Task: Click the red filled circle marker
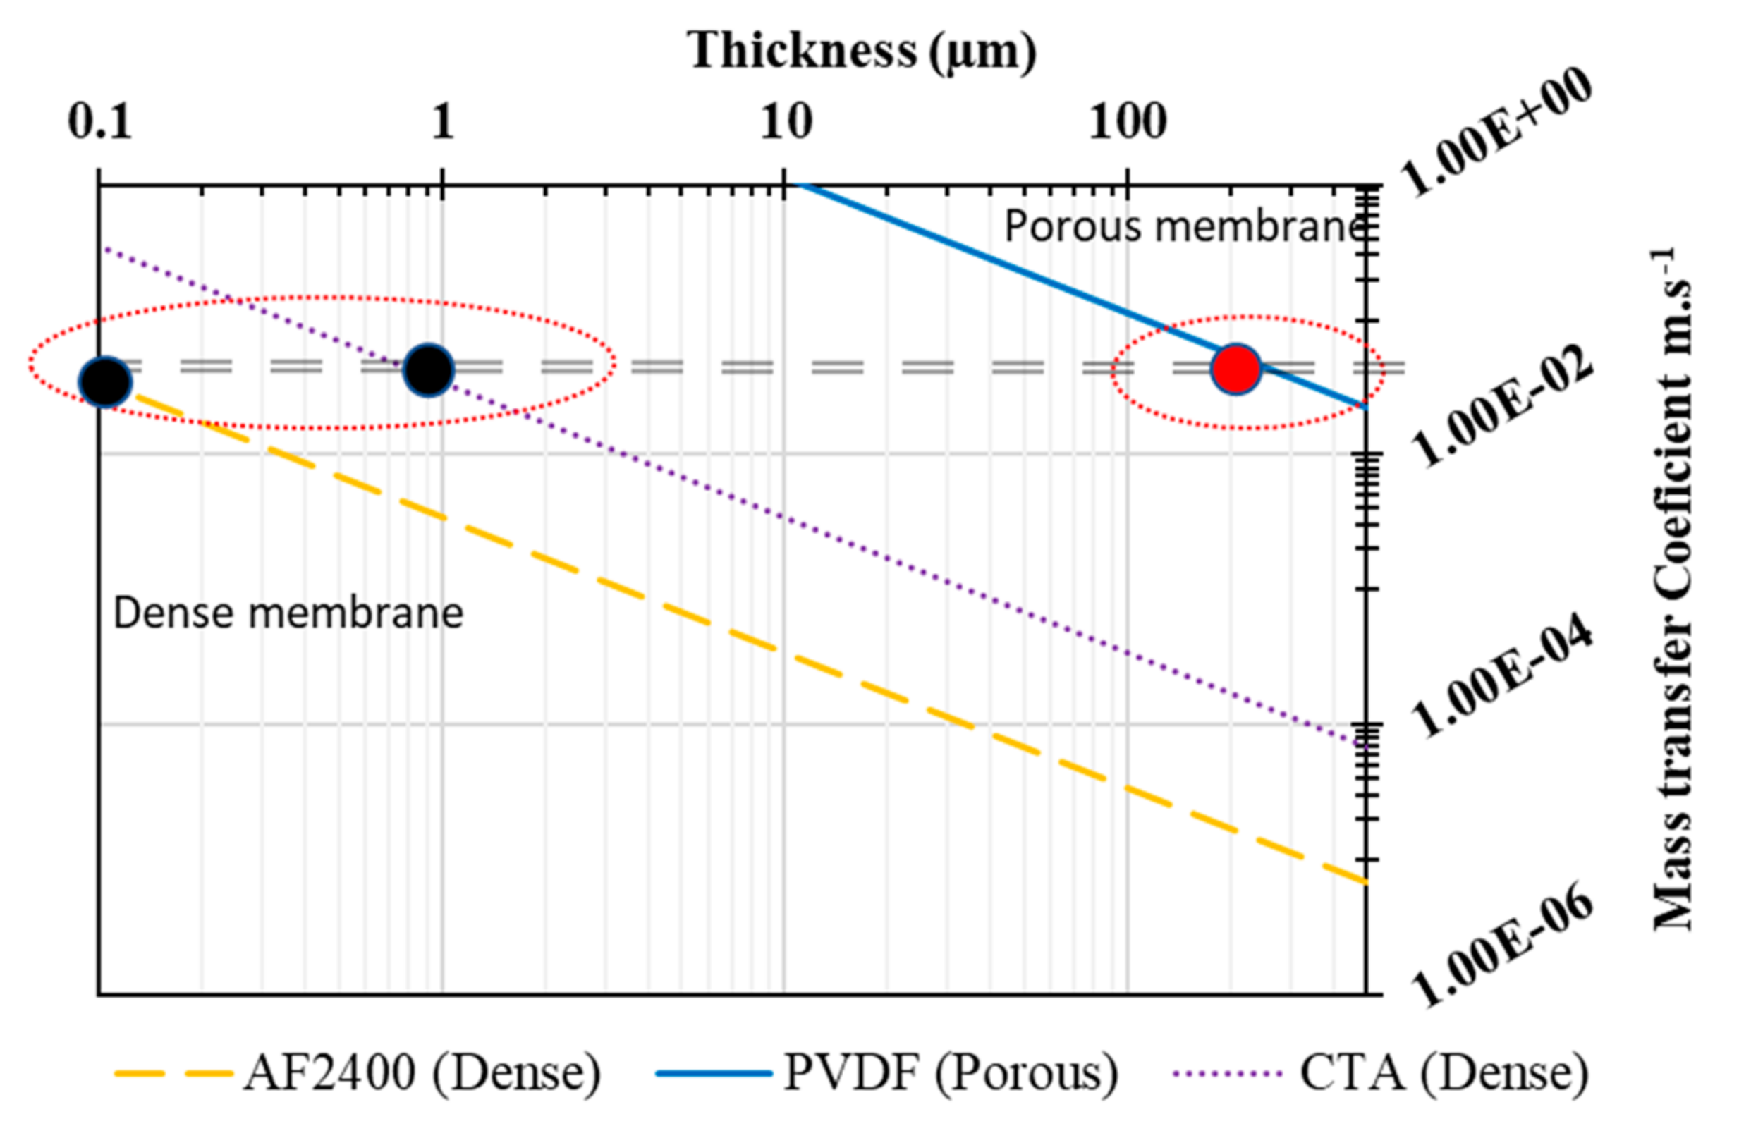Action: (1235, 369)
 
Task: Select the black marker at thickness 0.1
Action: (105, 381)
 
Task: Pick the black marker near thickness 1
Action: (429, 369)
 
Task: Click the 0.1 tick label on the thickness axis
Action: (100, 121)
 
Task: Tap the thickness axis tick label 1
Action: (442, 121)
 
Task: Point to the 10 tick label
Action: (786, 121)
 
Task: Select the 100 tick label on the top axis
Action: (1128, 121)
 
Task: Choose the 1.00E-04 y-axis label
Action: (1503, 676)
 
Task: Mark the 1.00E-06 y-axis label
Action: (1503, 947)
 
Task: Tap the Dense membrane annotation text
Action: (288, 612)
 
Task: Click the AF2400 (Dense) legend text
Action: (422, 1073)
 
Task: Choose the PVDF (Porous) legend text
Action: (951, 1073)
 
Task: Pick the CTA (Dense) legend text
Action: (1444, 1073)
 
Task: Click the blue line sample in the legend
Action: (713, 1073)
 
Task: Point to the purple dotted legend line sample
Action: (1228, 1073)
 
